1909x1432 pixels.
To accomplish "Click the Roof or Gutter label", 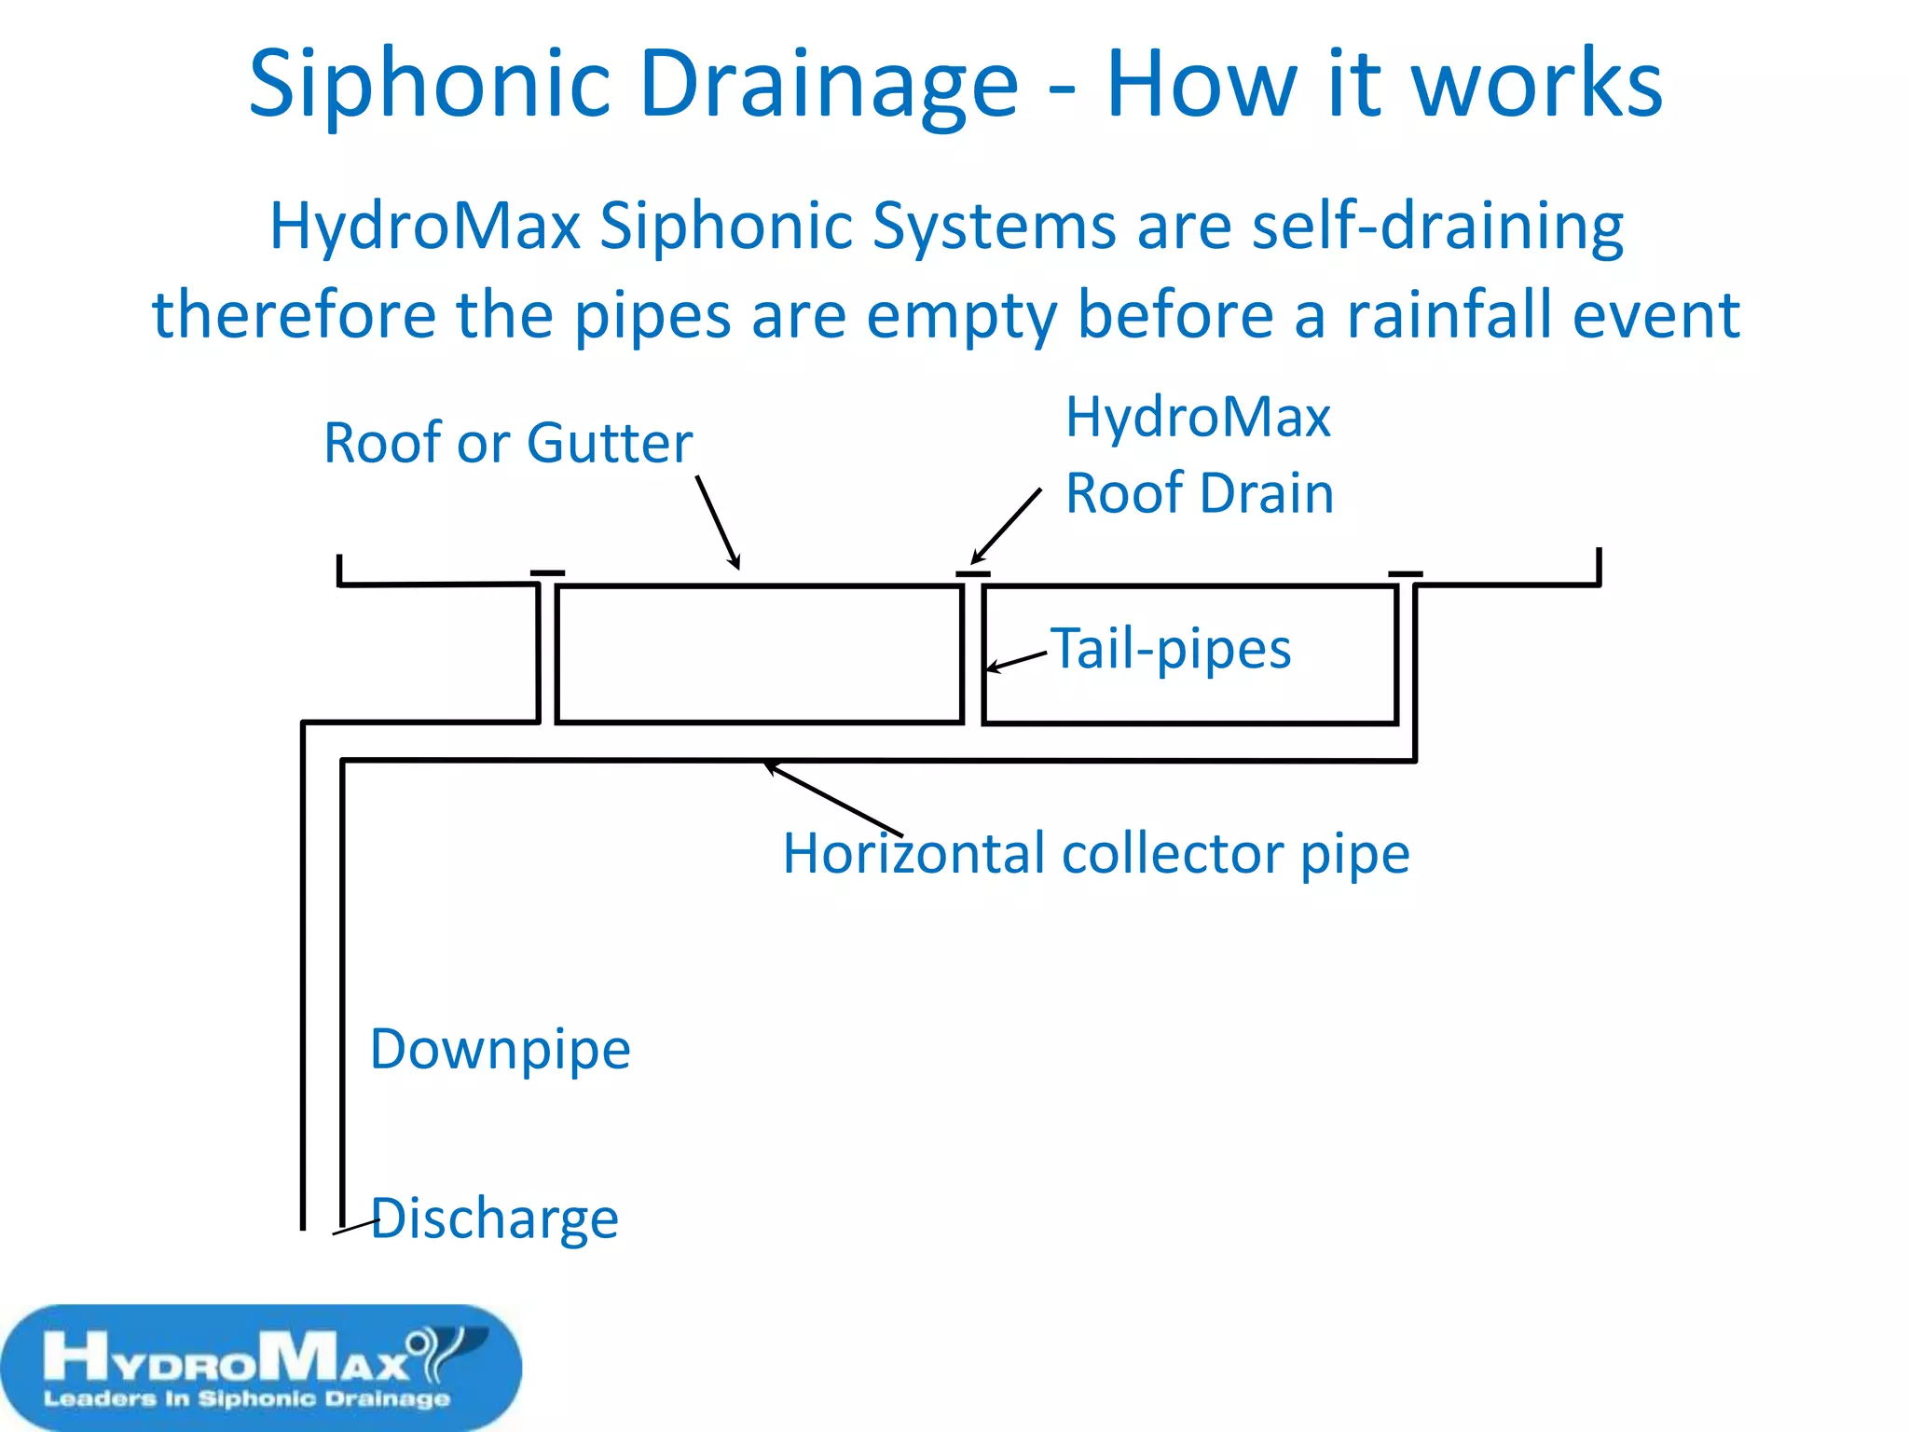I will tap(508, 443).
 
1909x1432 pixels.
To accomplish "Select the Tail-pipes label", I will tap(1171, 649).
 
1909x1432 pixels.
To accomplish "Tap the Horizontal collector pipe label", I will tap(1095, 854).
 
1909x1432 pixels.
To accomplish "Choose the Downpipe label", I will tap(501, 1050).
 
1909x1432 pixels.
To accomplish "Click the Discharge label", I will tap(495, 1219).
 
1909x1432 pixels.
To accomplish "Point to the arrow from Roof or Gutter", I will tap(718, 522).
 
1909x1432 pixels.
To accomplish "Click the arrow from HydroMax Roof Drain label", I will tap(1006, 526).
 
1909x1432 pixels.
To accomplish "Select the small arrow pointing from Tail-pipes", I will tap(1017, 661).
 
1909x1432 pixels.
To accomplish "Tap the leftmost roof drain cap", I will tap(547, 572).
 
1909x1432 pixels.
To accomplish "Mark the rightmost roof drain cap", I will tap(1406, 573).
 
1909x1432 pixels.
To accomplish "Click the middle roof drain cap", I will tap(973, 573).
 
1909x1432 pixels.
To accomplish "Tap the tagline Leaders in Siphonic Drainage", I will tap(247, 1398).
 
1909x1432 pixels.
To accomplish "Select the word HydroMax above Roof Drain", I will tap(1198, 417).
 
